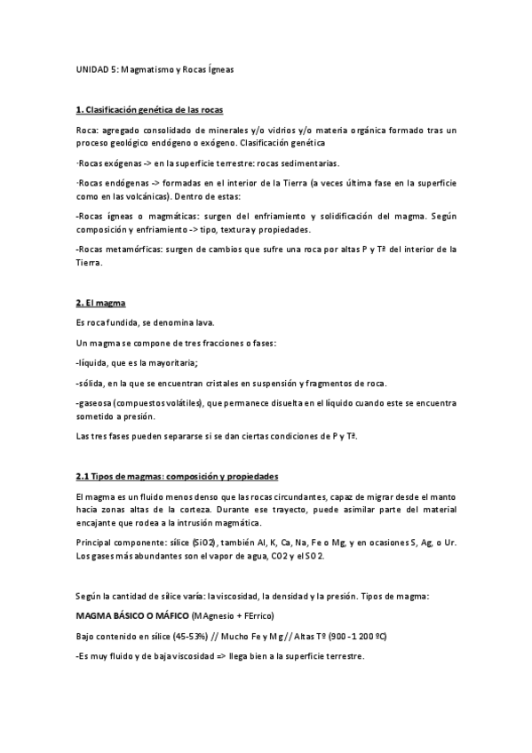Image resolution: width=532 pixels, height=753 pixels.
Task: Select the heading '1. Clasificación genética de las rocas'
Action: [x=149, y=109]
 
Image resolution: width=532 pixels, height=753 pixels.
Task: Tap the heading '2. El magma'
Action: [x=100, y=303]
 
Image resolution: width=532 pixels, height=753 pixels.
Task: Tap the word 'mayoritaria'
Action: [x=170, y=362]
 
